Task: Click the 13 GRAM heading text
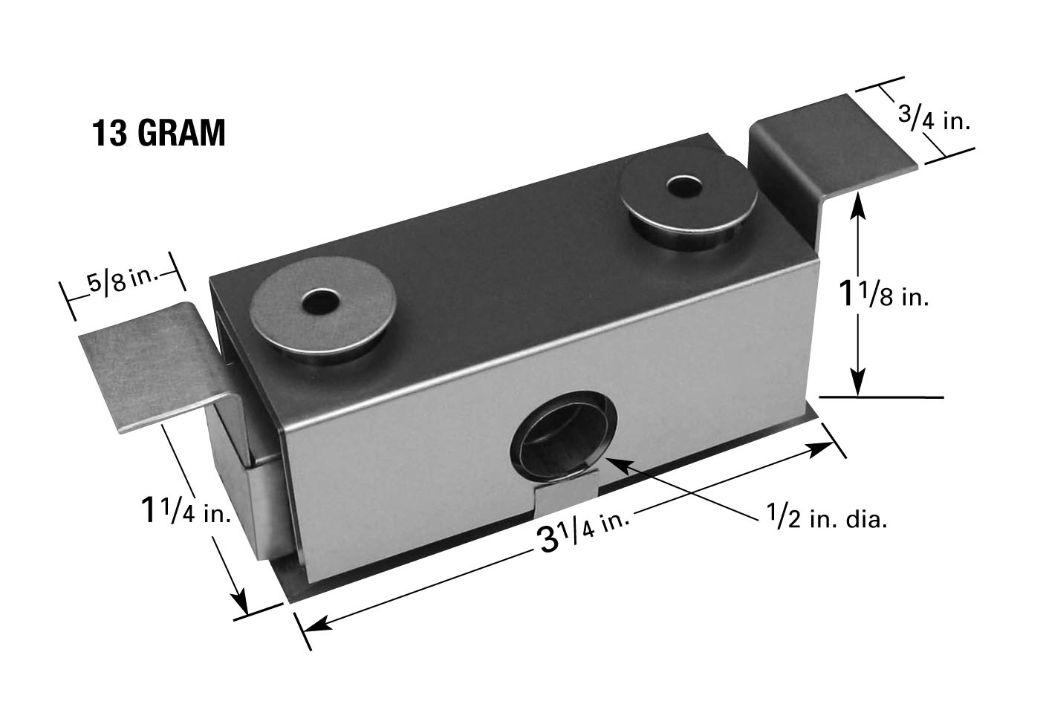tap(159, 133)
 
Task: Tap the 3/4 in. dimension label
tap(935, 120)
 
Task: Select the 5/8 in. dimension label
tap(123, 281)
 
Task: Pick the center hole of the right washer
tap(686, 186)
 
